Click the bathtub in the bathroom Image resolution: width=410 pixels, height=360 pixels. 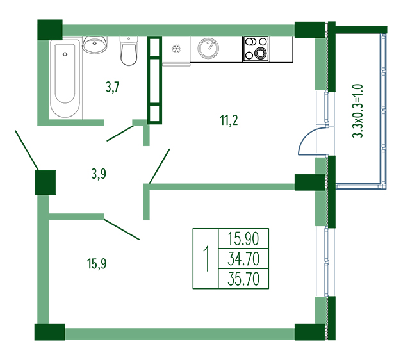pos(65,79)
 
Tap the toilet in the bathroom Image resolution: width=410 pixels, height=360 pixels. pos(129,51)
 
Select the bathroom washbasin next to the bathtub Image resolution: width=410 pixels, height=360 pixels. pos(95,44)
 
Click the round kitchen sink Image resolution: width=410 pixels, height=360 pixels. pos(208,49)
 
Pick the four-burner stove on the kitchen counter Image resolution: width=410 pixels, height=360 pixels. pos(256,49)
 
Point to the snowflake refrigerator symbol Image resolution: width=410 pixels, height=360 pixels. pos(176,49)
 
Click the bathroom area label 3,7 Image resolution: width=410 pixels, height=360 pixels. pos(113,87)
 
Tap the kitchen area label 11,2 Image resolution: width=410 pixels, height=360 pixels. pos(229,120)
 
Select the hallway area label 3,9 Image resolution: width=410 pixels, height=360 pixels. pos(99,174)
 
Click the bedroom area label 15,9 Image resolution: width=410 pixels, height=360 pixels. pos(97,263)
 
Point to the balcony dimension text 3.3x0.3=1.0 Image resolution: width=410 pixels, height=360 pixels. pos(357,111)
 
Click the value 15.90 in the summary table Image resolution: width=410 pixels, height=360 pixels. pos(243,239)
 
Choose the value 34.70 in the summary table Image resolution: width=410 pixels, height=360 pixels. pos(243,259)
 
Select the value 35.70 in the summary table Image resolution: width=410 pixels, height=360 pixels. pos(243,279)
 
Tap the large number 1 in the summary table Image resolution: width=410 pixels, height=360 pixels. pos(207,259)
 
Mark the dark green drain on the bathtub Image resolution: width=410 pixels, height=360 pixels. pos(65,54)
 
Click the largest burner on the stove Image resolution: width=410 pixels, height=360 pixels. pos(260,53)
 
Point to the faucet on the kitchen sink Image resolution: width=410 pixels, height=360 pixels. pos(211,44)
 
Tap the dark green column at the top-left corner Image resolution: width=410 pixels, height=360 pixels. pos(50,30)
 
